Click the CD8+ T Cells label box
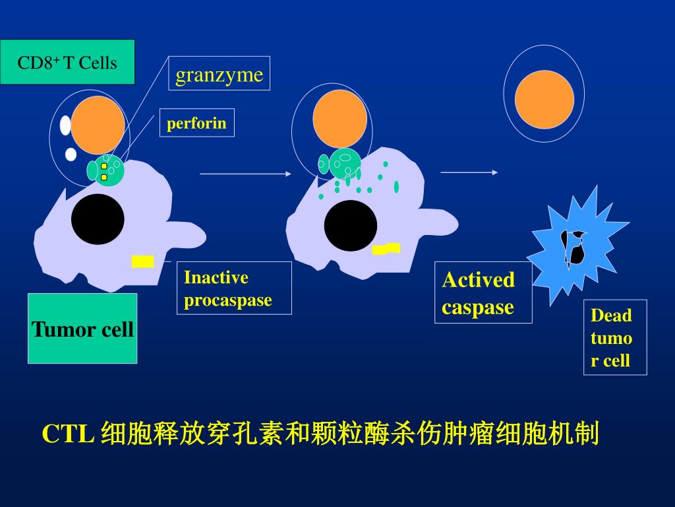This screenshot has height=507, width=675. point(67,63)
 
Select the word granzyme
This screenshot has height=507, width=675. point(219,74)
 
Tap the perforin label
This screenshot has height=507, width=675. point(196,123)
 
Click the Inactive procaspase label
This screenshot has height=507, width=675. point(234,288)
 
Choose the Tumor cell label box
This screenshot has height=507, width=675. point(82,329)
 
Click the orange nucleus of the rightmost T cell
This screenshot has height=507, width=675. point(544,99)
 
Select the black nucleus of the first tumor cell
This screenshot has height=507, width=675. point(98,219)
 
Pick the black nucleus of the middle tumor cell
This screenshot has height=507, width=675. point(350,225)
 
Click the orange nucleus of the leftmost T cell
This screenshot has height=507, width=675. point(98,125)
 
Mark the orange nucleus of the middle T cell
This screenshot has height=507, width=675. point(339,119)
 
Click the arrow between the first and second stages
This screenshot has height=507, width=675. point(245,174)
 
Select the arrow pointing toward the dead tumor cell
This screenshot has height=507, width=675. point(469,172)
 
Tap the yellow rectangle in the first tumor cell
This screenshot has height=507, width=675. point(142,261)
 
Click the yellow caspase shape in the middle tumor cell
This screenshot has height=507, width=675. point(386,249)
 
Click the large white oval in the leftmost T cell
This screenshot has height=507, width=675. point(65,125)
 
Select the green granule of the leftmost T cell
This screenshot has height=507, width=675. point(105,170)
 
